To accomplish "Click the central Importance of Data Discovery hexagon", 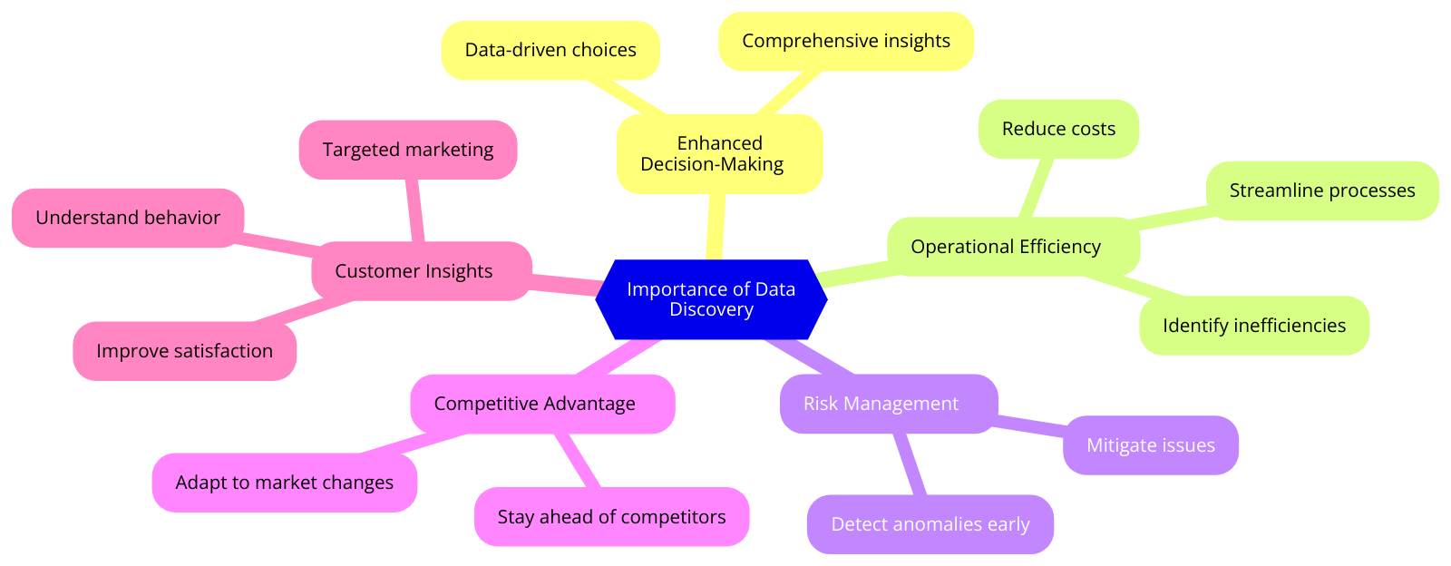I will click(x=711, y=299).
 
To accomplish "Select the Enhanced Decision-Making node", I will click(x=719, y=153).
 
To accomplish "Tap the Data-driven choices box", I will click(x=550, y=50).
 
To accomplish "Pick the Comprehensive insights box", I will click(x=845, y=41).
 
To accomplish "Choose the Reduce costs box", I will click(x=1058, y=129).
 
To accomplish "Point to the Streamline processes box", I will click(x=1321, y=190).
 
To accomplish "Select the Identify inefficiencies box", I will click(x=1253, y=326).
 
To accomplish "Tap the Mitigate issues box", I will click(x=1150, y=445).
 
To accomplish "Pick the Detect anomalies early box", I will click(x=930, y=524).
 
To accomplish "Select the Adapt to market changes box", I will click(x=284, y=483).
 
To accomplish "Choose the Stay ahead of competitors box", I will click(x=611, y=517).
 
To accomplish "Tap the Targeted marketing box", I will click(x=407, y=150).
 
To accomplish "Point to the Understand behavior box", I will click(x=128, y=218).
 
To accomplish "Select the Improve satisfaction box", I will click(x=184, y=351).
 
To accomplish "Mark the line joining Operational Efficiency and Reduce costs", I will click(x=1037, y=188).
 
